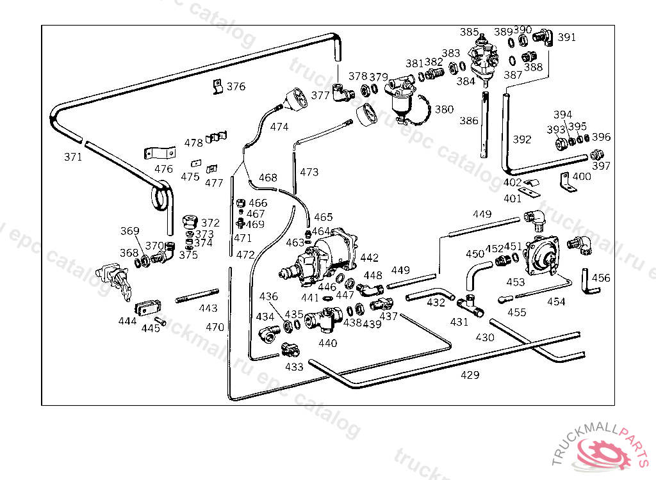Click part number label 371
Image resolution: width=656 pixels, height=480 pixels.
73,157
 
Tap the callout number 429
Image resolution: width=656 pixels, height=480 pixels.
470,375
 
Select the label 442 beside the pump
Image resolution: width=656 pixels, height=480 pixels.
370,258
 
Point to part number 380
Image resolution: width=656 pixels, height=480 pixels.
444,109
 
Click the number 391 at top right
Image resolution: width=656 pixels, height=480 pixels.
566,38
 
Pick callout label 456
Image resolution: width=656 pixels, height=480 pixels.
601,278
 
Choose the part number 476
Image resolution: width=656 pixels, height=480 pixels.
163,169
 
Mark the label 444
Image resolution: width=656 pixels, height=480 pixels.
127,321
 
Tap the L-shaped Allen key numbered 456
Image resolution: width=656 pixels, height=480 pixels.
589,281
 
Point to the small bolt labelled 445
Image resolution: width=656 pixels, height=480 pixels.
160,321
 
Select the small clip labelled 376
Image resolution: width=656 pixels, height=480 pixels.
217,86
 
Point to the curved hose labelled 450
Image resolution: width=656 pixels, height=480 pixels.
475,273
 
